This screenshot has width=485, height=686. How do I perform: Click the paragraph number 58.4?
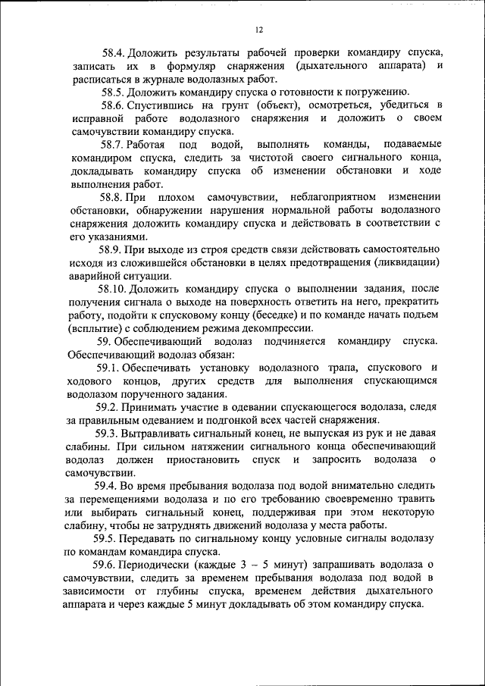tap(114, 53)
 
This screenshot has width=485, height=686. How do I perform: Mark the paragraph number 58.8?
tap(113, 197)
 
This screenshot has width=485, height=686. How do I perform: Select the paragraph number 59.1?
tap(111, 368)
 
